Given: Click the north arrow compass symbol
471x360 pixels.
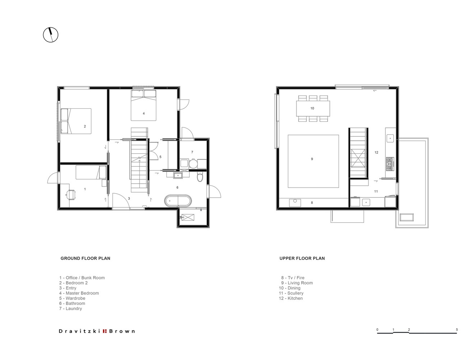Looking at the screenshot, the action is click(x=50, y=35).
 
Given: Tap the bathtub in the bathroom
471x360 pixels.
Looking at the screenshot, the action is click(x=178, y=201).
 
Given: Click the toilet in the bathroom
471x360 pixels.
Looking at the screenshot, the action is click(x=200, y=176).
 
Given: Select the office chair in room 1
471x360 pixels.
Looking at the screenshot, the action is click(x=71, y=195).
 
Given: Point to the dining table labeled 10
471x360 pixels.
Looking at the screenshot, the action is click(x=313, y=108).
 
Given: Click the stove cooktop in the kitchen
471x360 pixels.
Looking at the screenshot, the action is click(x=390, y=164).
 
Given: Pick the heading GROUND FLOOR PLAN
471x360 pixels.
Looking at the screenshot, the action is click(x=85, y=258).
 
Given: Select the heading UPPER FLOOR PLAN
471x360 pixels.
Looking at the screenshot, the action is click(x=302, y=258).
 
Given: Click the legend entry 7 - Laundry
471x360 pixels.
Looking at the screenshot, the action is click(x=71, y=309).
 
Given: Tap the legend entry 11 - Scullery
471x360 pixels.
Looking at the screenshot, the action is click(x=291, y=293).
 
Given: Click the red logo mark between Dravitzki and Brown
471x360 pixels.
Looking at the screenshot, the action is click(x=105, y=331).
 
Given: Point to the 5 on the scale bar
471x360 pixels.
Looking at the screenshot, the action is click(x=457, y=329).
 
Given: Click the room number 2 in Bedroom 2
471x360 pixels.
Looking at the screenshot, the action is click(x=85, y=126).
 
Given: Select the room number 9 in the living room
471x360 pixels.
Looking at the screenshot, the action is click(x=312, y=159).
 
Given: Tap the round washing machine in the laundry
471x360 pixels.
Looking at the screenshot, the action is click(x=193, y=163).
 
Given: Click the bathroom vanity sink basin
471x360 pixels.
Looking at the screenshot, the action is click(x=178, y=176).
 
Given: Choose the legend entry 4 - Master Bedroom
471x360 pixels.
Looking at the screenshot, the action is click(x=79, y=293).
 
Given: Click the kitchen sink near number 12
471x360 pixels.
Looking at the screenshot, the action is click(x=390, y=138).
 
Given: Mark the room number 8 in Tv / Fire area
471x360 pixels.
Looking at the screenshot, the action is click(x=312, y=202).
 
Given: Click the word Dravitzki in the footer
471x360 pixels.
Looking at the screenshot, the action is click(x=80, y=331).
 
